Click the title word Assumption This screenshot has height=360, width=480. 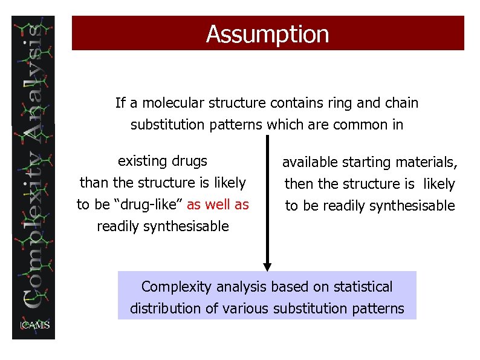coord(267,34)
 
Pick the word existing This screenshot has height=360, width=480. coord(141,161)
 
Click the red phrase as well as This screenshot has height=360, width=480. coord(218,205)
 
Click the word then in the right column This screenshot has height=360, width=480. coord(298,184)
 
